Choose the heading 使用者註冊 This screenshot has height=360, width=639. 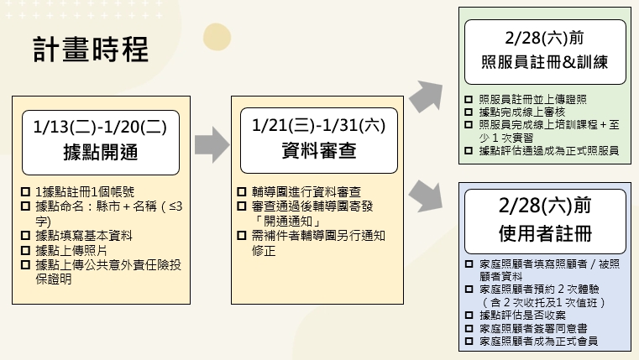[x=543, y=229]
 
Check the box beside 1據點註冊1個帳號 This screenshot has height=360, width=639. [x=27, y=192]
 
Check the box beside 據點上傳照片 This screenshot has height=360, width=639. [x=27, y=251]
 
